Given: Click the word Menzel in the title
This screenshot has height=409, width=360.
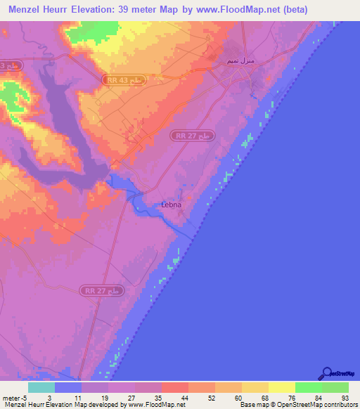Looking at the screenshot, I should pyautogui.click(x=26, y=10).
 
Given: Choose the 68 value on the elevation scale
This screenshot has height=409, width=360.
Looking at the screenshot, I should pyautogui.click(x=264, y=398).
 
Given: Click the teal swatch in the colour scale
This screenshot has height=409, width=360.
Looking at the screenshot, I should pyautogui.click(x=41, y=387).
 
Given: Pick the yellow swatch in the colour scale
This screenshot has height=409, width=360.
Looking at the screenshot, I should pyautogui.click(x=282, y=387).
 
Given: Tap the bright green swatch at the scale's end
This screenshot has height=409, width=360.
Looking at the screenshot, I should pyautogui.click(x=335, y=387).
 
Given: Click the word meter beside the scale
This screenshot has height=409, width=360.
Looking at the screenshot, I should pyautogui.click(x=11, y=398).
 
